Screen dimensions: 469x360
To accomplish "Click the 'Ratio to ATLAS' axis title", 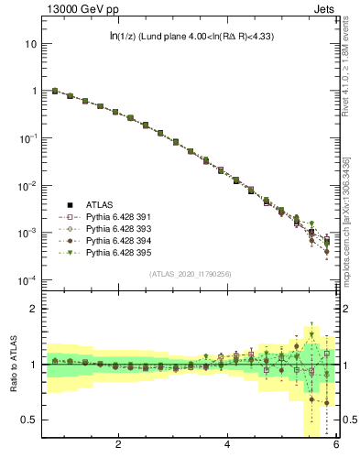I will (x=14, y=365).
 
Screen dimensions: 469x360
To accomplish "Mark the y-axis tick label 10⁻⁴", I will (x=27, y=280).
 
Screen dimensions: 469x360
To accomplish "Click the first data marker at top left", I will (x=55, y=91).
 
